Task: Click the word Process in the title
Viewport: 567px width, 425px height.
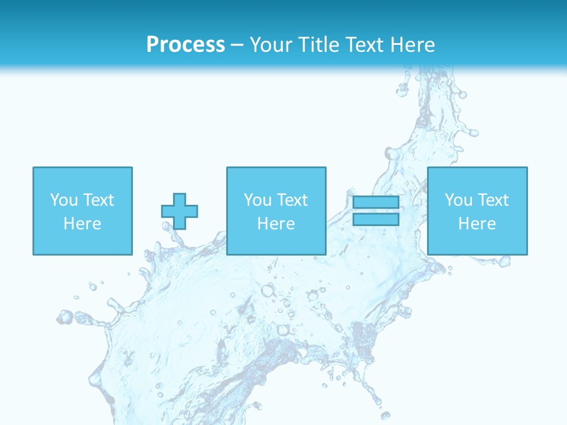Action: (185, 45)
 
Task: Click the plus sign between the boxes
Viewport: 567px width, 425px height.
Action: (180, 211)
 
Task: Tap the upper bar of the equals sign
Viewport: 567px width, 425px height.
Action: (376, 202)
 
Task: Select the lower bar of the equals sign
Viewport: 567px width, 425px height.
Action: (376, 220)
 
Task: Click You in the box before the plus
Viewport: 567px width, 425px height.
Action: (64, 200)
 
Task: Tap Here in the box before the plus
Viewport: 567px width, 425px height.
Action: (82, 224)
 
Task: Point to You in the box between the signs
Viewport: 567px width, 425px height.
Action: (258, 200)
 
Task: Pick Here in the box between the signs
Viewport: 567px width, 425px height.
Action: (276, 224)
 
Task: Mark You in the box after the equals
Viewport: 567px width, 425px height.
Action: (459, 200)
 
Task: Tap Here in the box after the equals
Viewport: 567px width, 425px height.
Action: (477, 224)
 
